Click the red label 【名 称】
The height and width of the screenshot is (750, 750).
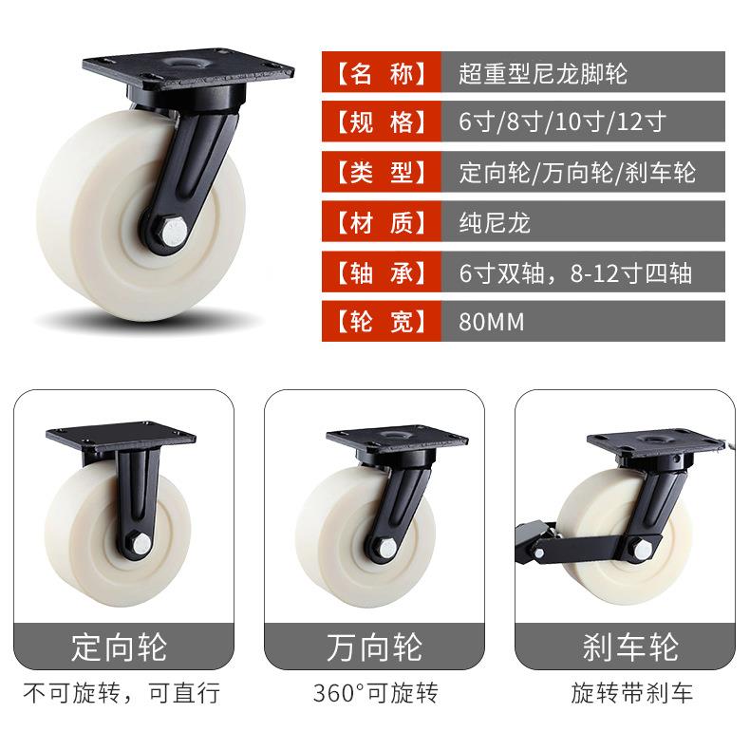point(382,72)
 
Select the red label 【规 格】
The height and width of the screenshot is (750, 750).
point(382,122)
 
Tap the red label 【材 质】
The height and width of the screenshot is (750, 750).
point(382,222)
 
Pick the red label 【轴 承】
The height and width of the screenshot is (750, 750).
point(382,272)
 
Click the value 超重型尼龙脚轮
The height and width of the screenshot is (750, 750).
point(543,74)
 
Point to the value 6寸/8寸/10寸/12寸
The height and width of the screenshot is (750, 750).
point(562,122)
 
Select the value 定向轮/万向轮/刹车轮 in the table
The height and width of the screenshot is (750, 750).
point(577,172)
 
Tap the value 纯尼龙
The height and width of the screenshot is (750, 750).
point(495,222)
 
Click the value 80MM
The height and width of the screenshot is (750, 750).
point(491,322)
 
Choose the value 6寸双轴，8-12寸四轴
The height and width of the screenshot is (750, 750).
point(575,272)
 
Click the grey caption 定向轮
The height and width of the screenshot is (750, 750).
point(119,647)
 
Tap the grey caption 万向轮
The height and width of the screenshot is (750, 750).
point(374,647)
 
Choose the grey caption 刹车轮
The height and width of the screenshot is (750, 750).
point(630,647)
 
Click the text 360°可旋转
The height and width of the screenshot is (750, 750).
point(376,693)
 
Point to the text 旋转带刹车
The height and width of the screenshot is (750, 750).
point(632,693)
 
